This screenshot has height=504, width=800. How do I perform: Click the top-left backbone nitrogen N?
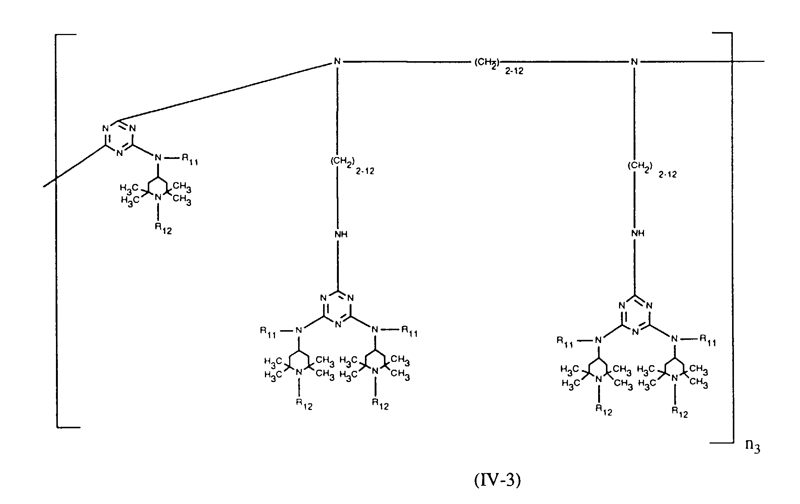337,62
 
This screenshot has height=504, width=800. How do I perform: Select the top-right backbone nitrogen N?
634,62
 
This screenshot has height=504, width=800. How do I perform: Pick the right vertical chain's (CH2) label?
639,166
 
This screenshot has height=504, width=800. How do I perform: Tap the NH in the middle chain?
341,234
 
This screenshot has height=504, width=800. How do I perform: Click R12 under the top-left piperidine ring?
163,228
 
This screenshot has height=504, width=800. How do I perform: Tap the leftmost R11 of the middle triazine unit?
268,332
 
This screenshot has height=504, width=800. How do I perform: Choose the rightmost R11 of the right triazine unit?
707,340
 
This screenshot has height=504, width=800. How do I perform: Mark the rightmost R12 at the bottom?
679,412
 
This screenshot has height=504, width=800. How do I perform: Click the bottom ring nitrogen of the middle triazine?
338,324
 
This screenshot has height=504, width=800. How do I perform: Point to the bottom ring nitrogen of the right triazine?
635,331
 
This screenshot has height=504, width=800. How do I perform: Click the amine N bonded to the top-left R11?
158,158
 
